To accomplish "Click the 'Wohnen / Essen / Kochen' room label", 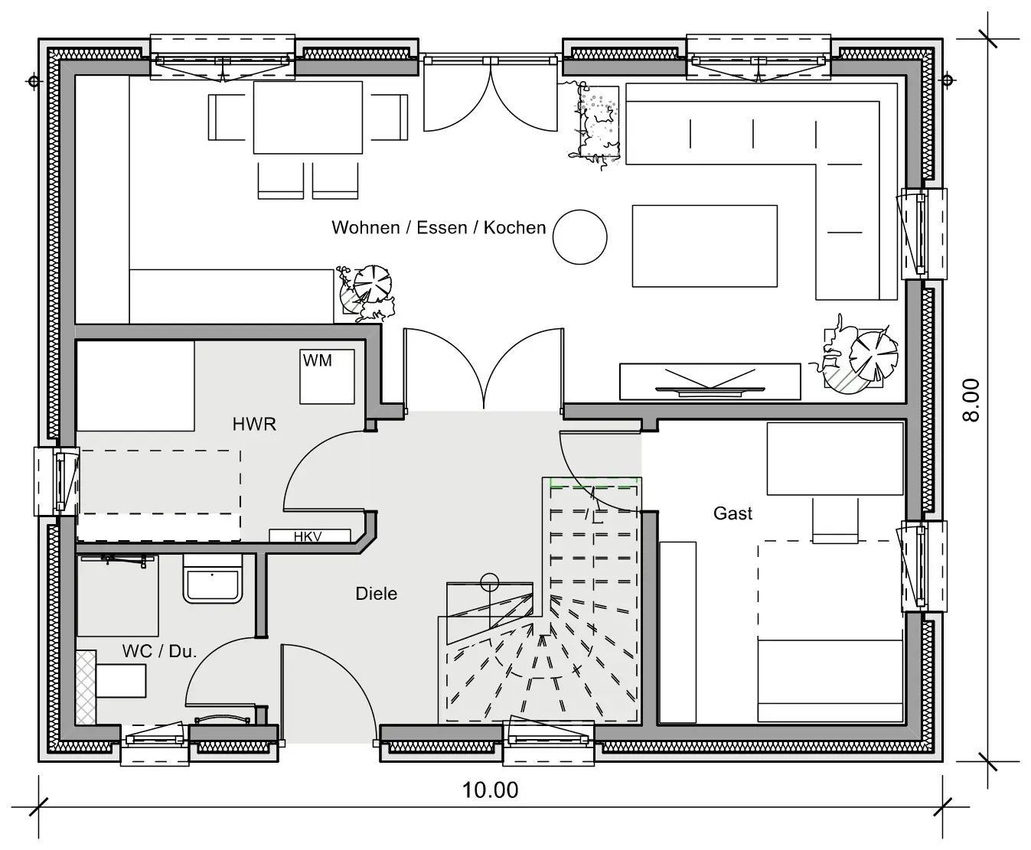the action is click(439, 227).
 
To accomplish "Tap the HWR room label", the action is click(254, 424).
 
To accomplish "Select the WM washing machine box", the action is click(327, 376).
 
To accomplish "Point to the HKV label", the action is click(308, 536).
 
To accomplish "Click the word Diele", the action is click(377, 594).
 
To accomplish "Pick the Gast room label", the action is click(732, 513).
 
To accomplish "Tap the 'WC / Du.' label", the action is click(159, 651).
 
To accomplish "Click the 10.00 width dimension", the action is click(490, 790).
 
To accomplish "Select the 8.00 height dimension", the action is click(971, 400).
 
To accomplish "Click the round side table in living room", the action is click(579, 237).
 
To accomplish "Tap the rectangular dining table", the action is click(308, 118).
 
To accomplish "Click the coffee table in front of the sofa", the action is click(705, 246).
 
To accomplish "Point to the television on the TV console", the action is click(710, 382).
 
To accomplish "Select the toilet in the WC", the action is click(213, 578).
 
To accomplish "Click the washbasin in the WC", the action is click(121, 681).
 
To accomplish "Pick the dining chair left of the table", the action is click(227, 118).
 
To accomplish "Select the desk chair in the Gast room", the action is click(835, 520).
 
